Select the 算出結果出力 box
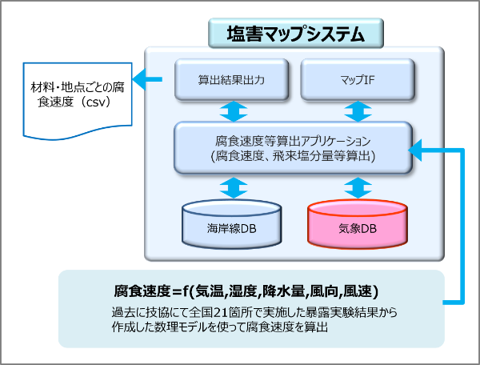click(230, 81)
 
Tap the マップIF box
click(355, 81)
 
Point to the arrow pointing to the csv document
click(148, 80)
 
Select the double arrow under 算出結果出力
click(230, 109)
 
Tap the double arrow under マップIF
click(355, 109)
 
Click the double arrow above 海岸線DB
click(231, 187)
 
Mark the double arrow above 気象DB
click(356, 187)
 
